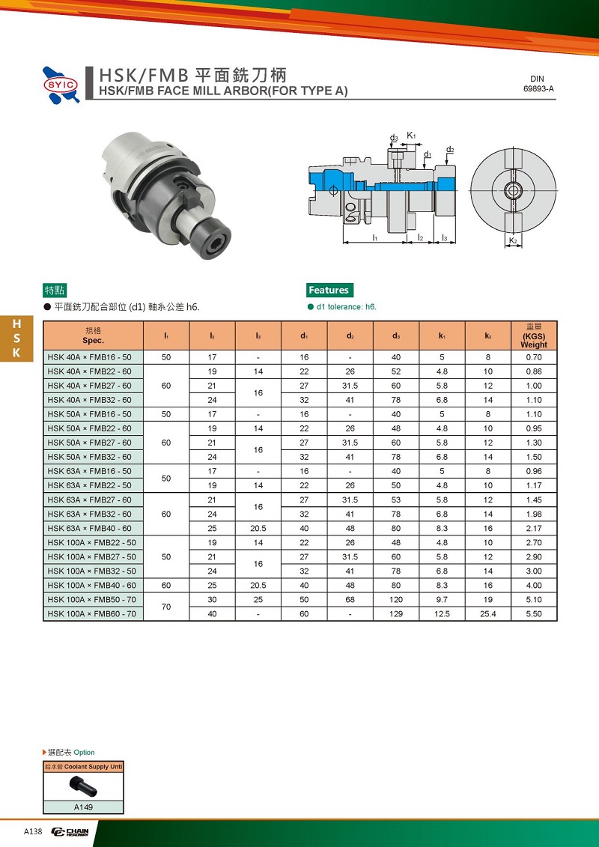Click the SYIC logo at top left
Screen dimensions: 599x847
tap(61, 85)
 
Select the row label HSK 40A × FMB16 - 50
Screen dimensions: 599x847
tap(90, 358)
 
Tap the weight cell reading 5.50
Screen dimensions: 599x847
tap(534, 614)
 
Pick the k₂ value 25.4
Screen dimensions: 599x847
tap(487, 614)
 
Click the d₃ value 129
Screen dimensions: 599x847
tap(396, 614)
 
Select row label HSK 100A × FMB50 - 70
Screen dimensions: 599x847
tap(92, 600)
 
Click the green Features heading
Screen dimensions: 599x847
tap(329, 290)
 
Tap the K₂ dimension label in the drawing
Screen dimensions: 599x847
tap(513, 240)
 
